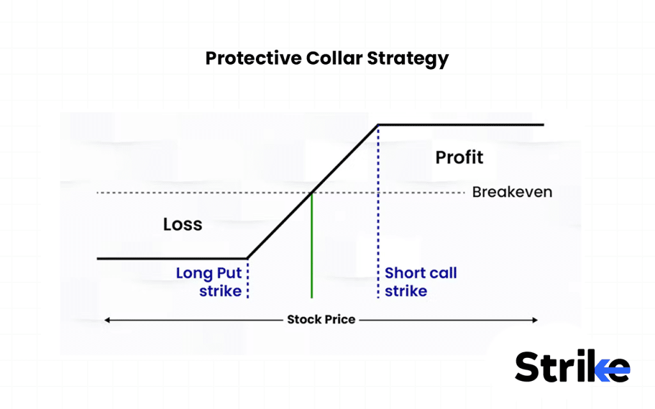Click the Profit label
tap(459, 157)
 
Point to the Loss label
tap(182, 224)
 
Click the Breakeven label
tap(512, 192)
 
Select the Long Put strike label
tap(209, 282)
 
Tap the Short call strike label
tap(420, 282)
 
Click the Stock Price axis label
tap(320, 319)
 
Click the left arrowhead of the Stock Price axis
tap(107, 320)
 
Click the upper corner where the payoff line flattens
tap(378, 125)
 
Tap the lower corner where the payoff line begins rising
tap(248, 258)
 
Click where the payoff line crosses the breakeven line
tap(312, 192)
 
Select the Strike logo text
tap(556, 367)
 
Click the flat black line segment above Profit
tap(461, 125)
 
